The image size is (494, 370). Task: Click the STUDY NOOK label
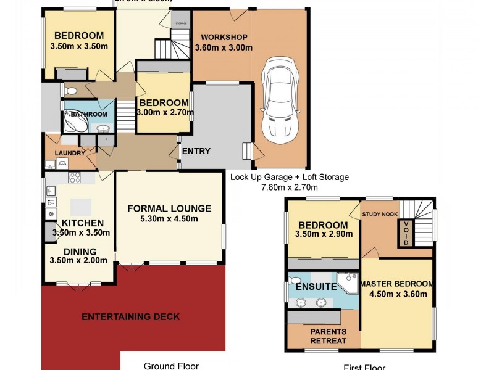380,215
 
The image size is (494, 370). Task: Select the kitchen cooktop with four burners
75,178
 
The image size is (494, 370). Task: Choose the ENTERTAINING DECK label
131,317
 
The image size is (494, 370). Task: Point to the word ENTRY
196,151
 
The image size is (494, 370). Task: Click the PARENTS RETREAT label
328,336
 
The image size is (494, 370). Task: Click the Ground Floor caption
171,366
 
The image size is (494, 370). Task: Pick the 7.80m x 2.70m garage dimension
288,187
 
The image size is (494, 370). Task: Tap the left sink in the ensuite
301,303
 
